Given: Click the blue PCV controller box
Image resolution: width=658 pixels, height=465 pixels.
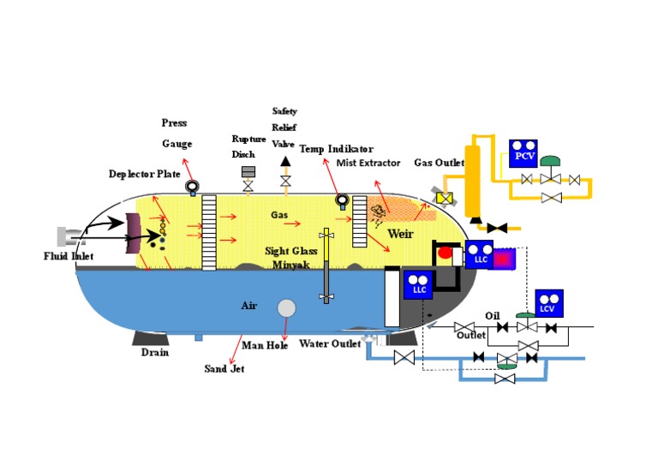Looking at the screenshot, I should pos(523,152).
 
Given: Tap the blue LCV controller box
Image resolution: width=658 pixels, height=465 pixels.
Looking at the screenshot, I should pos(547,303).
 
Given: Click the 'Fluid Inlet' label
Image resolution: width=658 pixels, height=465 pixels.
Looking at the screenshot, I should pos(68,256).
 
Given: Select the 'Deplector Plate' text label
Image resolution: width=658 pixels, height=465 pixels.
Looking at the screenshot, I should pos(144,174).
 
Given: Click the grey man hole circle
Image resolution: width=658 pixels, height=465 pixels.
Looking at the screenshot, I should pos(286,307).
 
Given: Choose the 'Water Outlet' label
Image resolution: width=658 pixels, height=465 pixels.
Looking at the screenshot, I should pos(329,344).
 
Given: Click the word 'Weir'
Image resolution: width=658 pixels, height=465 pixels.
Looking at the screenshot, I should pos(401,234).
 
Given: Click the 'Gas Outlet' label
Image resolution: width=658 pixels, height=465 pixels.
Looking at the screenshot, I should pos(440,162).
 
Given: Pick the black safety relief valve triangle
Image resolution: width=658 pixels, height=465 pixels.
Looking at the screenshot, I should pos(285,162).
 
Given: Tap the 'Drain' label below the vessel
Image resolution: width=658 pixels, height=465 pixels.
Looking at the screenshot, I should pos(155,351).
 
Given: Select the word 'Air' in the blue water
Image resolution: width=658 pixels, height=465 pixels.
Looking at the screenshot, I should pos(248,305).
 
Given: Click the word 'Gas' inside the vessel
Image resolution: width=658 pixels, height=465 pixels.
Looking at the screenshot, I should pos(279,214).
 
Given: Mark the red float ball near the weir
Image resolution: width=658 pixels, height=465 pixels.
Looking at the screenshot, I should pos(446,253).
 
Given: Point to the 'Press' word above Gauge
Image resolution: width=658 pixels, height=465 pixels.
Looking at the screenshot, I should pos(174,123).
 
